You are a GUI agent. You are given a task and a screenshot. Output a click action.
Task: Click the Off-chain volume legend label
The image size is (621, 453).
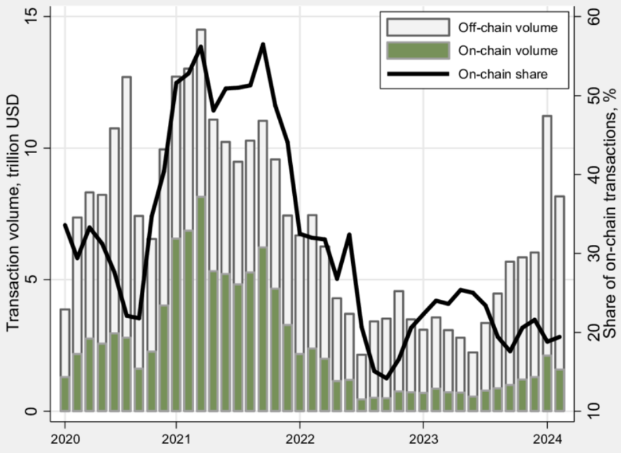508,27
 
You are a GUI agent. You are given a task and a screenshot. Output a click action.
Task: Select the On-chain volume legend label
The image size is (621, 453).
507,51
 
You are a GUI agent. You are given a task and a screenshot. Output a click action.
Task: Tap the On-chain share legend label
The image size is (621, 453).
503,74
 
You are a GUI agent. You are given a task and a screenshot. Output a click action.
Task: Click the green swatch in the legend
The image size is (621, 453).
418,51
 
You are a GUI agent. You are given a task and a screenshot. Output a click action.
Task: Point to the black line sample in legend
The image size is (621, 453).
418,74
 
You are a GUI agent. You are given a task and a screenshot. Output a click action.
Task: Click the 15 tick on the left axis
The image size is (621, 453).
31,16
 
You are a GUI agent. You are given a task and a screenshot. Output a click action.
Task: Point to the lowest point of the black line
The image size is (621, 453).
386,378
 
